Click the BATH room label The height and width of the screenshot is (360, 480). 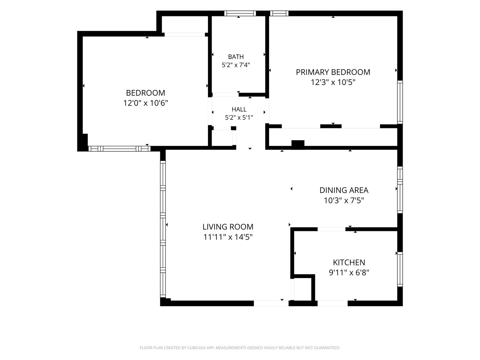pos(236,57)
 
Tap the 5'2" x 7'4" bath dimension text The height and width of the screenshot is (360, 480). pos(236,65)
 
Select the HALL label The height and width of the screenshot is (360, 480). pos(239,109)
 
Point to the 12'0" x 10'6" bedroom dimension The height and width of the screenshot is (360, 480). pos(146,103)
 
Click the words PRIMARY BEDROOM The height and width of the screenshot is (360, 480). pos(333,72)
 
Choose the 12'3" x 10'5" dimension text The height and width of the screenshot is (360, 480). pos(333,82)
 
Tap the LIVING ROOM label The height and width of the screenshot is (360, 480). pos(228,227)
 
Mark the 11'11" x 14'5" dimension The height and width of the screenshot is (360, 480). pos(228,237)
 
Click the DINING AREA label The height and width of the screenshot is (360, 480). pos(344,190)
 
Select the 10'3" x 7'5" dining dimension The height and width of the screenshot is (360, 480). pos(344,200)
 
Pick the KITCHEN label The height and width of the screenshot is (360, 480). pos(349,262)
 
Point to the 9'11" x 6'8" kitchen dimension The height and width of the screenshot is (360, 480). pos(349,273)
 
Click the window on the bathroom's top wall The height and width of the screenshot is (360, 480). pos(240,13)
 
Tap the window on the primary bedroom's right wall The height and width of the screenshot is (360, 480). pos(400,102)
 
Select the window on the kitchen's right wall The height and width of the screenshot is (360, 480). pos(400,269)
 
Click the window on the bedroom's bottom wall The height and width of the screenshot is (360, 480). pos(119,149)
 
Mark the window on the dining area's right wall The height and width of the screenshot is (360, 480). pos(400,190)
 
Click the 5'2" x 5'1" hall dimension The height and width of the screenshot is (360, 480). pos(239,118)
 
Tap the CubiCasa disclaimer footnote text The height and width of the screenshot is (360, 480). pos(240,348)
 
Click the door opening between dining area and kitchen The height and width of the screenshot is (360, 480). pos(332,229)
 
